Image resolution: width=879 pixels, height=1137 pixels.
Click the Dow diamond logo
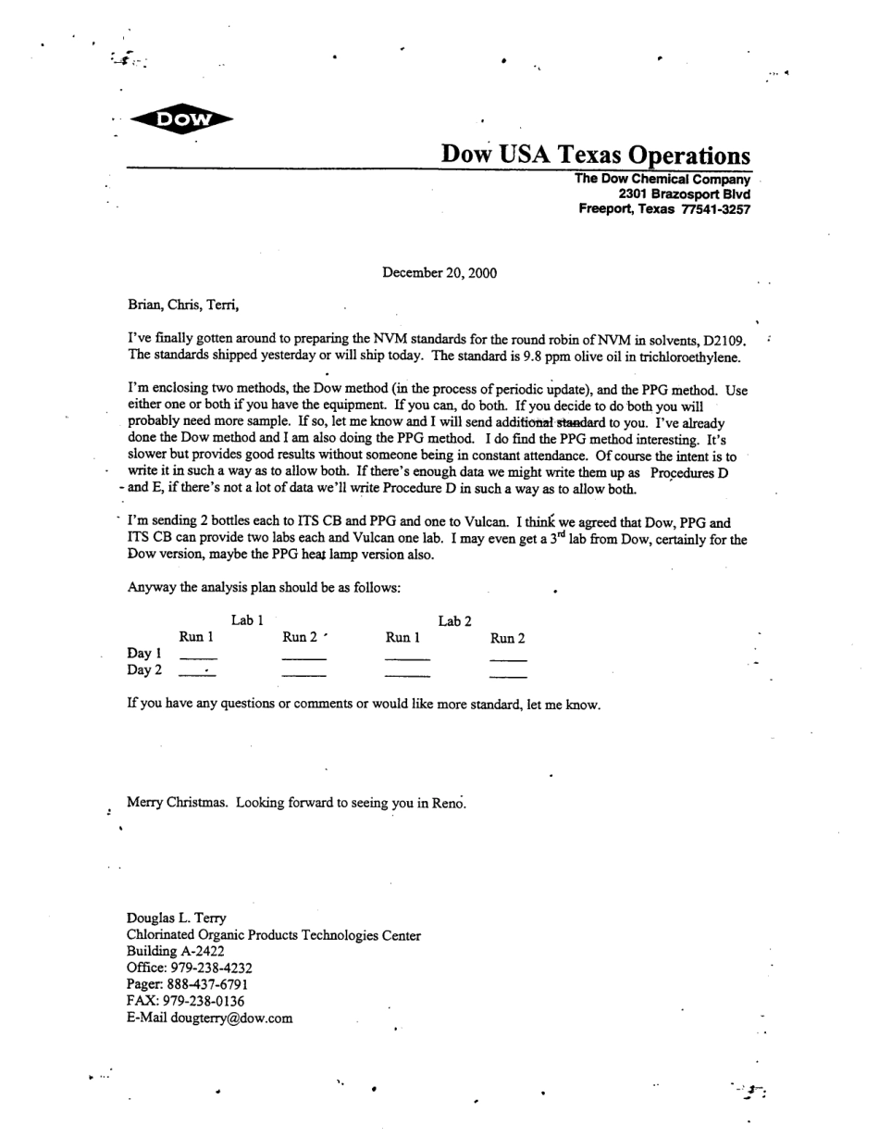pos(181,119)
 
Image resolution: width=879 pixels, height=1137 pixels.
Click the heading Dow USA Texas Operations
pos(595,154)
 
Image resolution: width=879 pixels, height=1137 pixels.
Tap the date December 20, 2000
pos(439,272)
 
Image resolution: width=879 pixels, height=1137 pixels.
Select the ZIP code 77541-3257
pos(715,209)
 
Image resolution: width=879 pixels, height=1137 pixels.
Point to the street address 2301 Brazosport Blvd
pos(684,194)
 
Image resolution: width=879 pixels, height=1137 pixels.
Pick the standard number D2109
pos(724,341)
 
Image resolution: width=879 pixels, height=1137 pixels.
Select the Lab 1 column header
pos(248,619)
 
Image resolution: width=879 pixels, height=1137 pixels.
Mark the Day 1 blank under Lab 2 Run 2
pos(507,659)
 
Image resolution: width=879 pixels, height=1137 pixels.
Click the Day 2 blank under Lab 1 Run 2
pos(303,676)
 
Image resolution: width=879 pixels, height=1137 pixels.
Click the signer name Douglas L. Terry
pos(176,918)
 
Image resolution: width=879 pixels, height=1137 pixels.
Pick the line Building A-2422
pos(175,951)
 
